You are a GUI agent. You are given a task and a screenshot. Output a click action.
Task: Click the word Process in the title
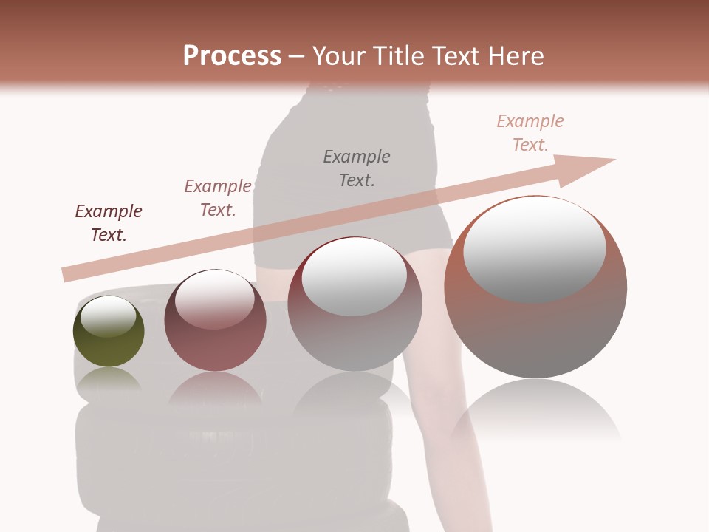coord(232,55)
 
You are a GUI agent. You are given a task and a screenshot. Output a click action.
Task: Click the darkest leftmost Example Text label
coord(109,223)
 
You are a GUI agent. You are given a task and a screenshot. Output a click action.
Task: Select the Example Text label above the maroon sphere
coord(218,198)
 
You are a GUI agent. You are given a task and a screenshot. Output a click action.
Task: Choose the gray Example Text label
coord(357,168)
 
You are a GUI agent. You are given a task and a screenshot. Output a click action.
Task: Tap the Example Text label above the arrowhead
coord(530,133)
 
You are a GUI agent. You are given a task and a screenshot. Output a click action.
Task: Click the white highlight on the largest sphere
coord(534,248)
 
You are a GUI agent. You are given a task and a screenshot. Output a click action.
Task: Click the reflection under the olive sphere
coord(109,380)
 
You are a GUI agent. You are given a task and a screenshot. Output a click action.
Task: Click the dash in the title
coord(297,56)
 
